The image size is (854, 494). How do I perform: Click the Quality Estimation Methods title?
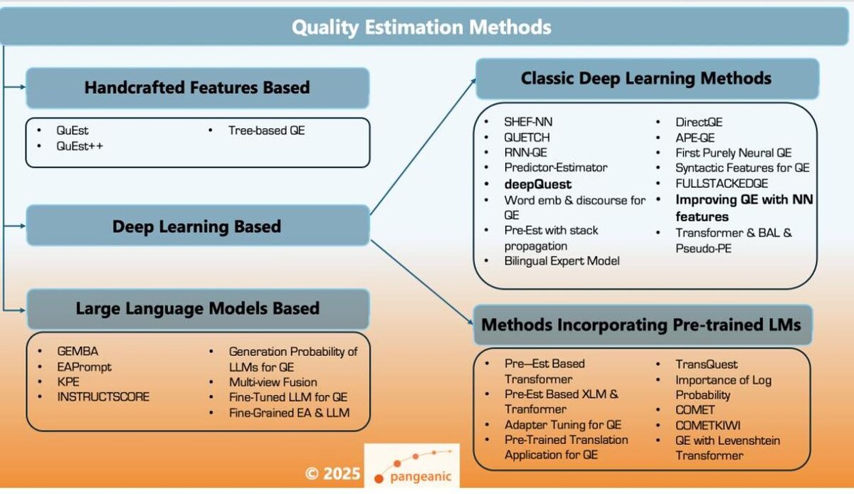click(x=421, y=27)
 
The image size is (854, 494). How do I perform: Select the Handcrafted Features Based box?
click(x=198, y=88)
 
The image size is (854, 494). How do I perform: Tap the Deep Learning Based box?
click(x=198, y=226)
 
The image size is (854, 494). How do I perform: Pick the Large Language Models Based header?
click(x=198, y=309)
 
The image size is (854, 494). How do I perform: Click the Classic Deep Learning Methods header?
click(x=647, y=78)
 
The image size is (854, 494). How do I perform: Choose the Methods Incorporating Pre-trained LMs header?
click(x=642, y=325)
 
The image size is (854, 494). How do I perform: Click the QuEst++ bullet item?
click(x=79, y=146)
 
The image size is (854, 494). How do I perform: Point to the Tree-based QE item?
click(x=266, y=130)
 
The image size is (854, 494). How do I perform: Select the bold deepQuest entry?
click(x=537, y=184)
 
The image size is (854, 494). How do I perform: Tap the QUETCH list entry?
click(x=527, y=137)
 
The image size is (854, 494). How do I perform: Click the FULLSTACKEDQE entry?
click(x=722, y=184)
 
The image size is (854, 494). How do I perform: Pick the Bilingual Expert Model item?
click(x=562, y=261)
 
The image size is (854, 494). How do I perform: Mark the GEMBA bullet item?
click(x=78, y=351)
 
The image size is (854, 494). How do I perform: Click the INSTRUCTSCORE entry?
click(x=103, y=396)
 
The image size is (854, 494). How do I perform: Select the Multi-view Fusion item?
click(x=273, y=382)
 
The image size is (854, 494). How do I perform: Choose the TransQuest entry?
click(x=707, y=364)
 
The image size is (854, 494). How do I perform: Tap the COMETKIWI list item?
click(x=708, y=426)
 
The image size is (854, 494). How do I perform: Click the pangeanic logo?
click(x=412, y=466)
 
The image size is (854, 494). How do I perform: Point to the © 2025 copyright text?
click(x=332, y=473)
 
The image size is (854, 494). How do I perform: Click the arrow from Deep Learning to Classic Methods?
click(x=423, y=147)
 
